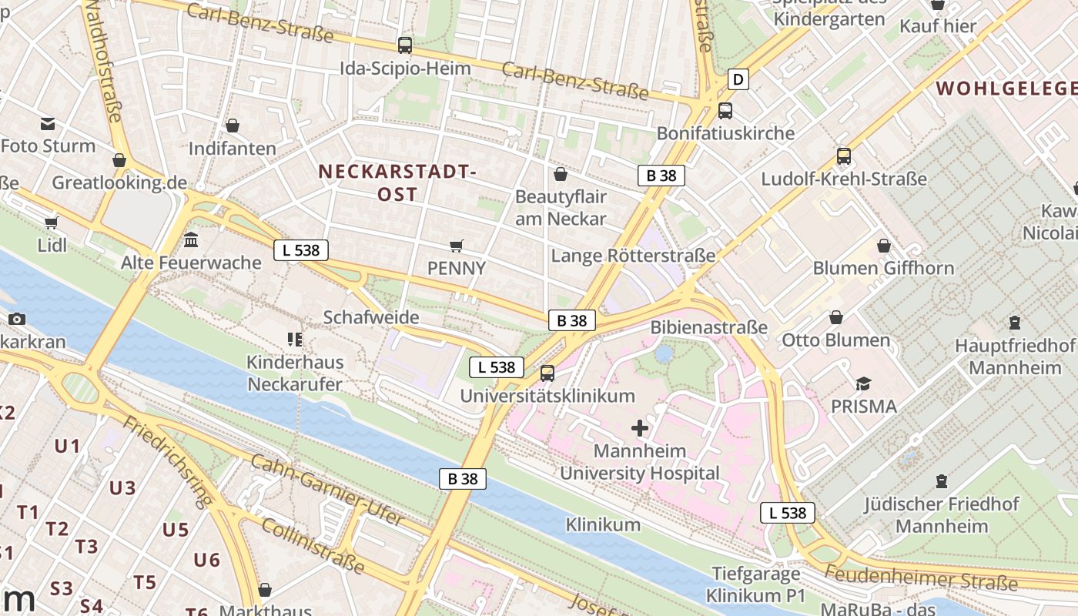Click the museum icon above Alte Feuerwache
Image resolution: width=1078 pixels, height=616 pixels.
click(x=191, y=240)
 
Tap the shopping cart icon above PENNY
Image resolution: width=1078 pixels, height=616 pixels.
click(x=457, y=246)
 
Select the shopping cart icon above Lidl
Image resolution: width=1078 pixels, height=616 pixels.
click(x=52, y=223)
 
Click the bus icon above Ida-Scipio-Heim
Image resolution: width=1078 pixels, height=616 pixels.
click(x=405, y=45)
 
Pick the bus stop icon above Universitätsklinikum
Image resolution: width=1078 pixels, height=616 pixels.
click(x=547, y=373)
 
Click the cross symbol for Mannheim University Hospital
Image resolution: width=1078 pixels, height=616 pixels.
click(x=640, y=428)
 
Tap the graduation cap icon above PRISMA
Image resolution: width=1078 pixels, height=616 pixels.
click(x=863, y=383)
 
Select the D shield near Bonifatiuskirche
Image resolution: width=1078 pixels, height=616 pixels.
click(x=738, y=79)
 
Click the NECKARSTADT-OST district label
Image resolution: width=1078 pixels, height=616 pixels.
click(x=397, y=182)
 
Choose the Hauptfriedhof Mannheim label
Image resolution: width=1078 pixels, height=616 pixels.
click(x=1014, y=357)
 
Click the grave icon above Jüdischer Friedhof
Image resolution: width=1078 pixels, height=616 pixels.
click(x=941, y=482)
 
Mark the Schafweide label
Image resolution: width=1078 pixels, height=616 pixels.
click(x=371, y=317)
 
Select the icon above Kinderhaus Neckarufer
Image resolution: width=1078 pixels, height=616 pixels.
click(x=294, y=339)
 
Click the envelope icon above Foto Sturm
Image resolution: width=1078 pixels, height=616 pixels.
click(x=49, y=124)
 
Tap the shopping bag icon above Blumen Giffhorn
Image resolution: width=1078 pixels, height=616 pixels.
click(x=883, y=246)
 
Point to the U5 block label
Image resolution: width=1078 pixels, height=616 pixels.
click(x=176, y=530)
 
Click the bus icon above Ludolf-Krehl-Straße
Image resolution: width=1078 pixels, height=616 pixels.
click(x=844, y=156)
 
